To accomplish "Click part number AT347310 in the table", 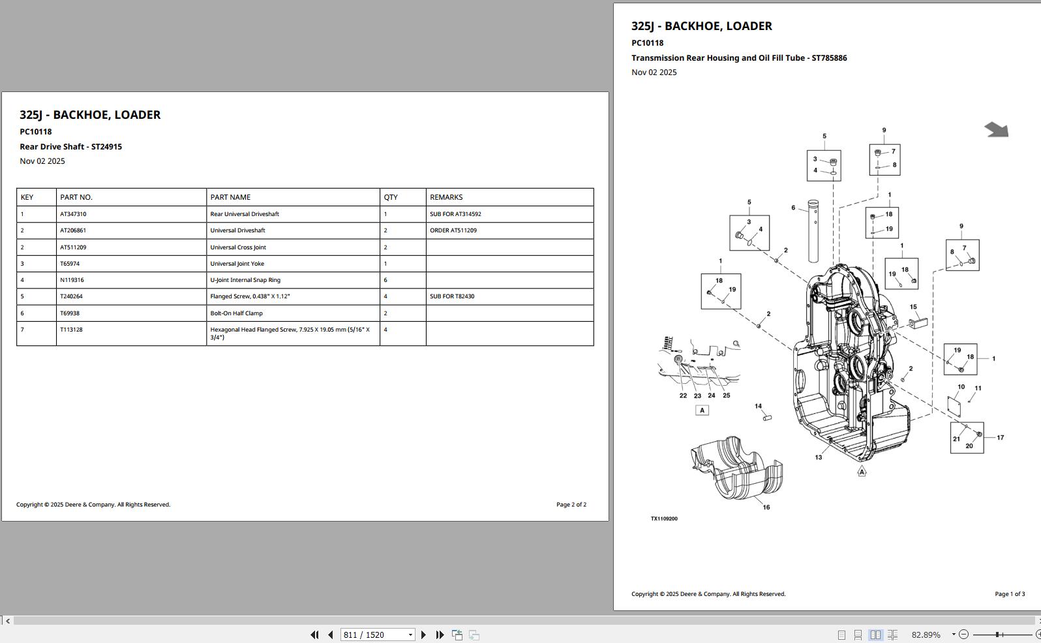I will pyautogui.click(x=73, y=214).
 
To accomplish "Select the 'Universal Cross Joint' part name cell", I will pyautogui.click(x=238, y=247).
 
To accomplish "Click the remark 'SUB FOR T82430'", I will pyautogui.click(x=452, y=296).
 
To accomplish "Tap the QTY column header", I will pyautogui.click(x=391, y=197).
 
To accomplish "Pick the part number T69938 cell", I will pyautogui.click(x=70, y=313).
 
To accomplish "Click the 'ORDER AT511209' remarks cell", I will pyautogui.click(x=453, y=230).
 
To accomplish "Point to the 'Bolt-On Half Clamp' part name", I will pyautogui.click(x=236, y=313).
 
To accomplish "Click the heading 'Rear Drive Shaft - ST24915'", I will pyautogui.click(x=70, y=147).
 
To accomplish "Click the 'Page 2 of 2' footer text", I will pyautogui.click(x=571, y=505).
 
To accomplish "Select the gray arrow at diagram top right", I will pyautogui.click(x=996, y=130).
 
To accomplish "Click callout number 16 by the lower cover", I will pyautogui.click(x=766, y=507).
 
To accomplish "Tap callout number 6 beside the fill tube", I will pyautogui.click(x=793, y=208).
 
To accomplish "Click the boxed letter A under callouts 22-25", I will pyautogui.click(x=702, y=411).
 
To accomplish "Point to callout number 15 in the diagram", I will pyautogui.click(x=913, y=307).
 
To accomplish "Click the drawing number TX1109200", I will pyautogui.click(x=664, y=519).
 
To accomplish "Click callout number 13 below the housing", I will pyautogui.click(x=819, y=458).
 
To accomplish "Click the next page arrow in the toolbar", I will pyautogui.click(x=423, y=635).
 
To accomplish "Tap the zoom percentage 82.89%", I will pyautogui.click(x=926, y=635).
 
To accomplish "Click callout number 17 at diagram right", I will pyautogui.click(x=1001, y=438).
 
